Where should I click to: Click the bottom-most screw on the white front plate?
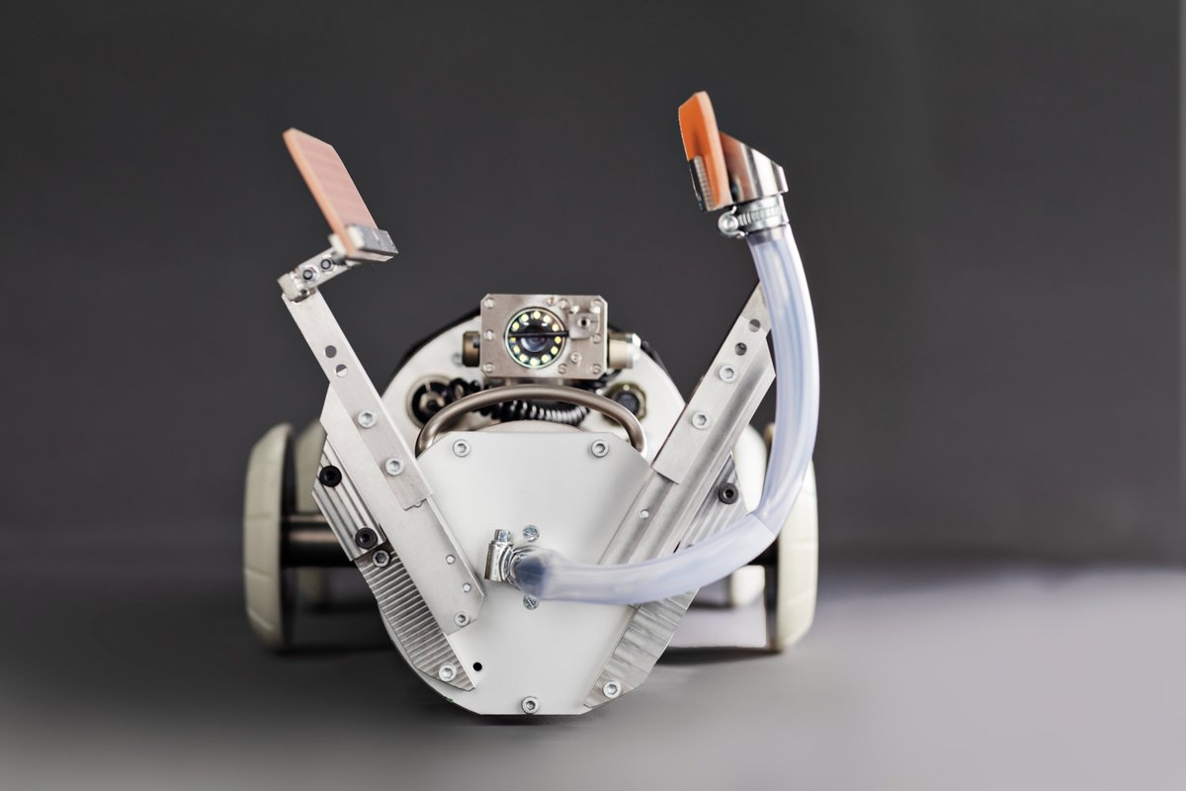tap(530, 704)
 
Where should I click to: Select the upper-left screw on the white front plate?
tap(461, 448)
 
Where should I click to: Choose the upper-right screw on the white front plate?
tap(599, 448)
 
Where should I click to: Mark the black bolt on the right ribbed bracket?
tap(728, 492)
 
